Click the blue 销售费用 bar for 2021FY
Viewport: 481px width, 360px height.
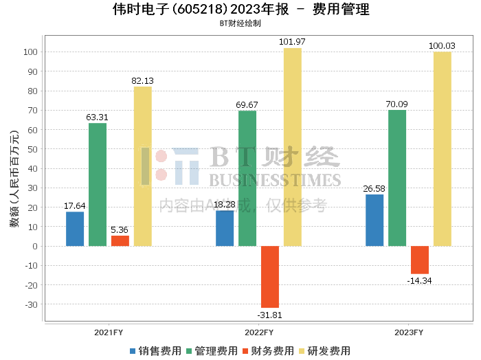coord(75,229)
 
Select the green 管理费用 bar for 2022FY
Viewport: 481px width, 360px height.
coord(247,178)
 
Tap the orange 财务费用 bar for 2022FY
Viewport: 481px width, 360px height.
coord(270,277)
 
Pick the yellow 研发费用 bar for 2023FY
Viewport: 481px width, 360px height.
coord(443,148)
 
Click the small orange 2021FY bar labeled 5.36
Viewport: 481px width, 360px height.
coord(120,240)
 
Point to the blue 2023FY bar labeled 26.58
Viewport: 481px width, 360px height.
coord(374,220)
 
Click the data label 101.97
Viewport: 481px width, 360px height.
coord(292,42)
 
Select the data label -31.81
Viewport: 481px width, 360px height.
coord(269,315)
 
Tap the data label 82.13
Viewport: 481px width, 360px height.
coord(142,80)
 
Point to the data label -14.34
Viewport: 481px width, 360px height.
coord(419,280)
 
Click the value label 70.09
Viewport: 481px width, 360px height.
coord(397,104)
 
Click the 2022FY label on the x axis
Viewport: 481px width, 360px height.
coord(259,333)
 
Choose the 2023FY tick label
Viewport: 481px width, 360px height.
coord(409,333)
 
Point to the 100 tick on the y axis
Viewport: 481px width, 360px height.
coord(30,52)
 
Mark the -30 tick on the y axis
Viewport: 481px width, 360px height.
coord(32,304)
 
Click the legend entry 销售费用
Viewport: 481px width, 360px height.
coord(155,351)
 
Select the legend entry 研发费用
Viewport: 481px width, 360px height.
coord(324,351)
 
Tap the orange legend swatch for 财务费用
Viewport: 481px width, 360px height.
coord(245,351)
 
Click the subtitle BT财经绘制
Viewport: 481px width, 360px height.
coord(240,23)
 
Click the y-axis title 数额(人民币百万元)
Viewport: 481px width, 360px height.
coord(14,179)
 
